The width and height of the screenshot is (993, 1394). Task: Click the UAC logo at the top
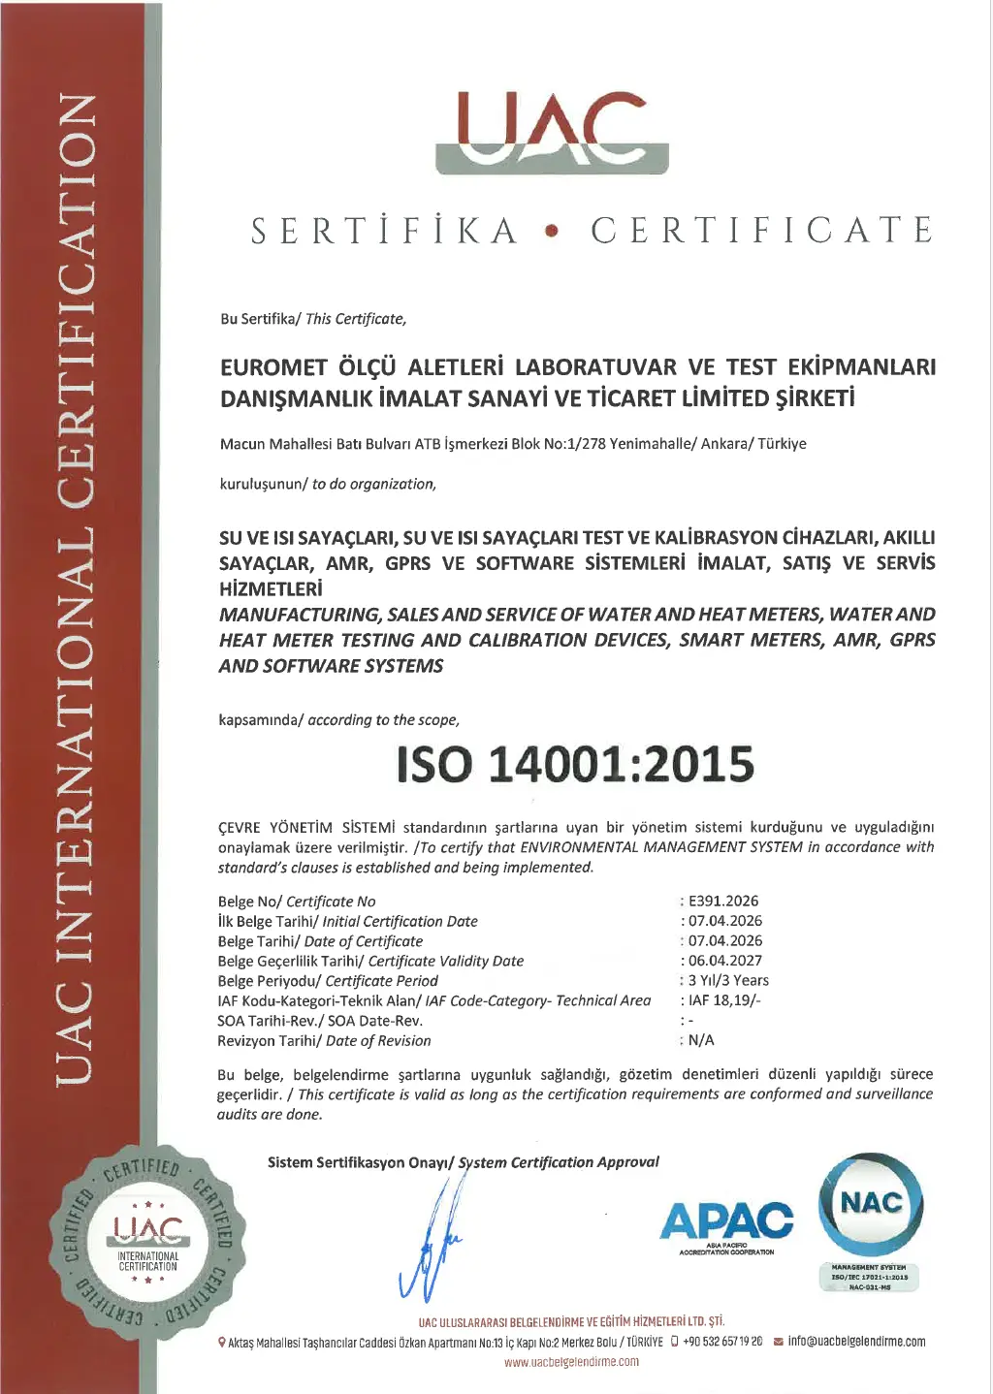[x=552, y=133]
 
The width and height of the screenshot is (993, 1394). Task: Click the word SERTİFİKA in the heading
[x=385, y=231]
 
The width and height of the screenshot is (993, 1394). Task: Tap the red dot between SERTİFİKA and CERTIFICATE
[x=553, y=232]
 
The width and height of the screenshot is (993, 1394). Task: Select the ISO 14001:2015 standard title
[x=575, y=764]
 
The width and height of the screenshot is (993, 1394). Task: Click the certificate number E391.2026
[x=722, y=901]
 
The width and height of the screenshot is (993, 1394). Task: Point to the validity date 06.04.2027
[x=725, y=961]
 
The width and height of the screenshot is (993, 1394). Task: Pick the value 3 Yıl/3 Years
[x=728, y=980]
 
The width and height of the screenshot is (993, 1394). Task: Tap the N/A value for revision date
[x=701, y=1040]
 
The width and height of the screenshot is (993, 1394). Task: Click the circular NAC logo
[x=871, y=1205]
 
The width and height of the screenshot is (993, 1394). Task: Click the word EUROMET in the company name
[x=273, y=367]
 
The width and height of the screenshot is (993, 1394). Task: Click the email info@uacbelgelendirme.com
[x=856, y=1342]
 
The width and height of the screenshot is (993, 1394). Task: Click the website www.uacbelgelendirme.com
[x=571, y=1362]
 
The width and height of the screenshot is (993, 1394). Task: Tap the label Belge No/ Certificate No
[x=297, y=902]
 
